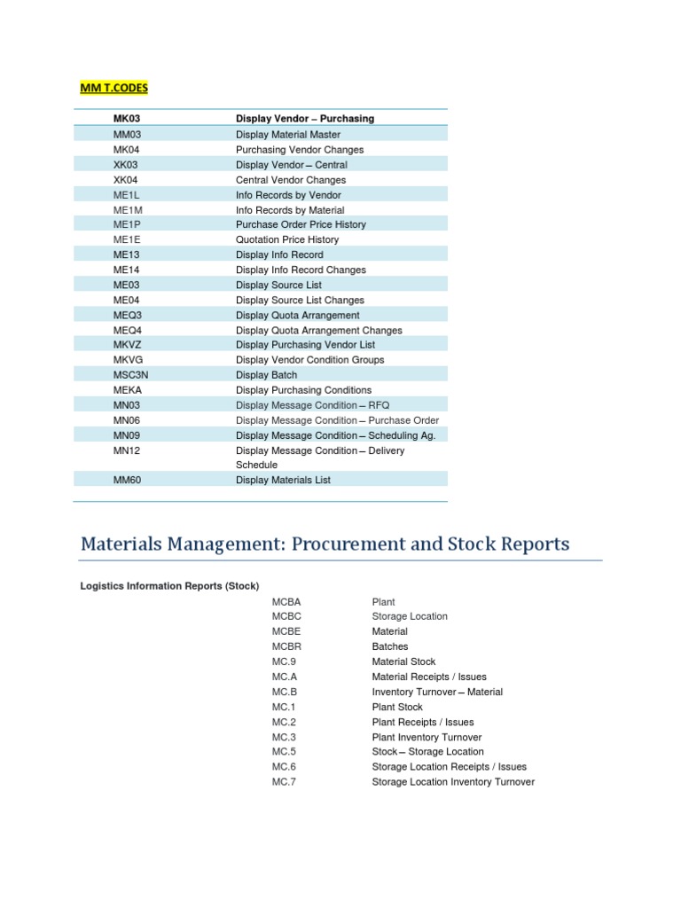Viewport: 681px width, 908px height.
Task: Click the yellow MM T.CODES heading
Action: tap(114, 88)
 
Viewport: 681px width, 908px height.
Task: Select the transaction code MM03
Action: tap(128, 135)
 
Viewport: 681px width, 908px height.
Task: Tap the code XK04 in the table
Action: tap(126, 180)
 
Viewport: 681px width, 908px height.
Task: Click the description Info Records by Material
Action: tap(290, 210)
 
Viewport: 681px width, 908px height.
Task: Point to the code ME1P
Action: tap(126, 225)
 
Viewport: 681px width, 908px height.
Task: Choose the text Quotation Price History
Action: tap(287, 240)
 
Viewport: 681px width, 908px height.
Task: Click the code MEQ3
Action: tap(127, 316)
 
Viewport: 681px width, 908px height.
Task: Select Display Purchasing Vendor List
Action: tap(305, 345)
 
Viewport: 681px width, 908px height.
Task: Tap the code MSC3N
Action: tap(130, 375)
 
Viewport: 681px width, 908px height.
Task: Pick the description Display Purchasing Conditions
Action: tap(303, 390)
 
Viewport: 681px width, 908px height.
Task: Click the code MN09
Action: tap(127, 435)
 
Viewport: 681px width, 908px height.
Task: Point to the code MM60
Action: tap(128, 481)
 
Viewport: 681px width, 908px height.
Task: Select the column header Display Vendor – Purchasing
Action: tap(305, 119)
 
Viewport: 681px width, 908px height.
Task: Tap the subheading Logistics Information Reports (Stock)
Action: tap(169, 587)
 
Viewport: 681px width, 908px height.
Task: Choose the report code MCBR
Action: tap(287, 647)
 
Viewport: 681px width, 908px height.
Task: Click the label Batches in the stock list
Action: tap(390, 647)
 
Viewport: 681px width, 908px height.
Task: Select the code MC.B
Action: tap(285, 693)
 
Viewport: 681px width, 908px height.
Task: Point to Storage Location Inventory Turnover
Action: tap(453, 783)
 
